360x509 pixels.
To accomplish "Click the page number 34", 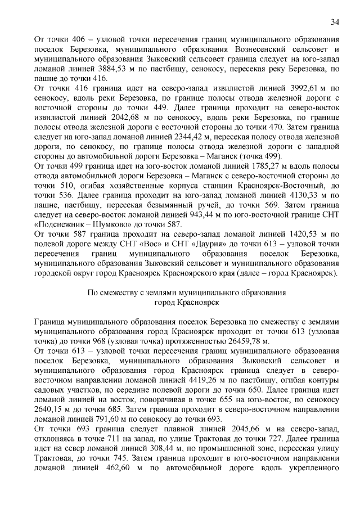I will pos(335,22).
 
